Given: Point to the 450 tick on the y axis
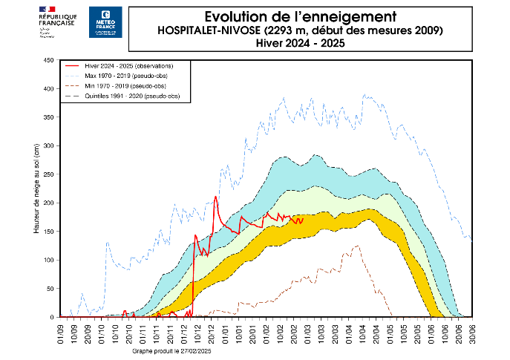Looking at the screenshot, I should pos(49,60).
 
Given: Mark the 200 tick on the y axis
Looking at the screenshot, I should pos(49,203).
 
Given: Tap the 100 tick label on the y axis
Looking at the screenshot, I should pos(49,260).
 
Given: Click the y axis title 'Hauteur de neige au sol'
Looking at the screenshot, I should pos(36,189).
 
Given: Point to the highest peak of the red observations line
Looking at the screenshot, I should pos(215,197).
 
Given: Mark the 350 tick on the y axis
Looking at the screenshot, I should pos(49,117).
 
